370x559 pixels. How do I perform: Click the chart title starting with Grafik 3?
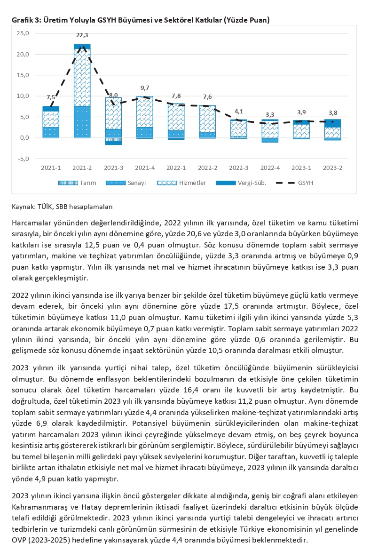pyautogui.click(x=141, y=20)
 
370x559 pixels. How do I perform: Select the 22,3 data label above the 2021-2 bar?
pyautogui.click(x=82, y=35)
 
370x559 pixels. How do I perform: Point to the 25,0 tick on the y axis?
pyautogui.click(x=22, y=33)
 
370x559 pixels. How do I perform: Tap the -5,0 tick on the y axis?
pyautogui.click(x=22, y=159)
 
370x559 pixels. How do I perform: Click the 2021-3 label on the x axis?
pyautogui.click(x=113, y=168)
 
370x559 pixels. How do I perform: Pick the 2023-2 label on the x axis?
pyautogui.click(x=332, y=168)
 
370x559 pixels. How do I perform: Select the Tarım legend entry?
pyautogui.click(x=77, y=183)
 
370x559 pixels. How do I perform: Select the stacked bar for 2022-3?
pyautogui.click(x=238, y=129)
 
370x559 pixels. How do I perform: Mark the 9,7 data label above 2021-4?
pyautogui.click(x=145, y=88)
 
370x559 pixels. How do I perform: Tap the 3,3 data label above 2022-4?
pyautogui.click(x=270, y=114)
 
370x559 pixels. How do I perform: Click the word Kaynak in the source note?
pyautogui.click(x=23, y=206)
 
